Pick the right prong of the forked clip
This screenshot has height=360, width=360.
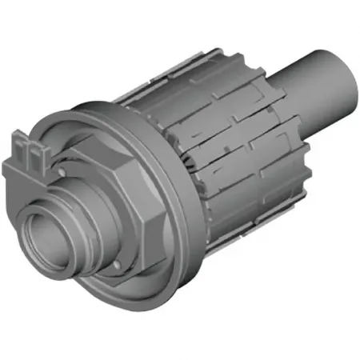[36, 147]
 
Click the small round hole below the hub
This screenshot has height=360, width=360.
[117, 265]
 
